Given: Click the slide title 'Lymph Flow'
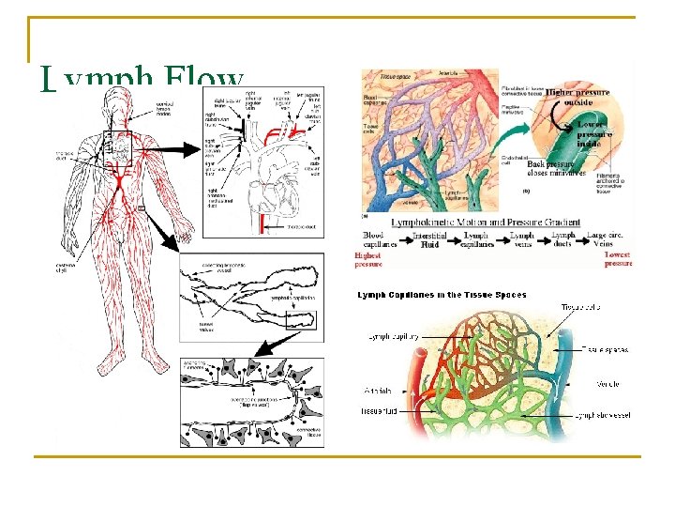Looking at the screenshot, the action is click(x=142, y=80).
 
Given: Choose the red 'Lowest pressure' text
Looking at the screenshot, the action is click(x=618, y=259).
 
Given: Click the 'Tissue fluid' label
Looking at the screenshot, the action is click(x=380, y=411).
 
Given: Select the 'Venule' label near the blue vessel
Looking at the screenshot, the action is click(x=607, y=383).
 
